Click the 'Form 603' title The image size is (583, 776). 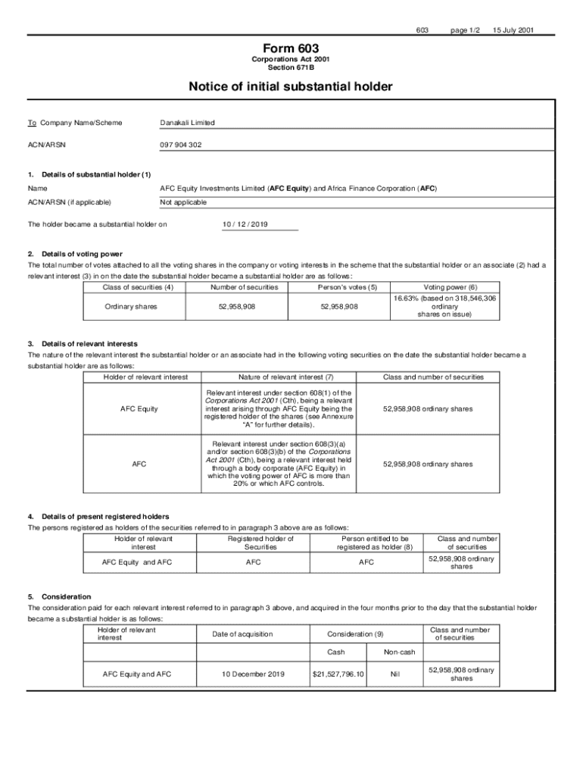point(291,48)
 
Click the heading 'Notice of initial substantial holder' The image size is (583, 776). point(291,87)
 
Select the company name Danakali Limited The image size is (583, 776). point(187,123)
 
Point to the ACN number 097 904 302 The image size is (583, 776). point(181,144)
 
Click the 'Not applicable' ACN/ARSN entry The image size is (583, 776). point(183,202)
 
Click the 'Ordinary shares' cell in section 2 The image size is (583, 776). point(131,306)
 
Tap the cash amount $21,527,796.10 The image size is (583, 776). point(338,673)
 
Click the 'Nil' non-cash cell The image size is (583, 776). point(394,673)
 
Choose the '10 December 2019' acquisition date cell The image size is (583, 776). point(253,673)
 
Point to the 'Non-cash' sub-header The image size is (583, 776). point(399,651)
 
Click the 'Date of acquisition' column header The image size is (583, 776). point(242,634)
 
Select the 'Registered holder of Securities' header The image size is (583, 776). point(260,542)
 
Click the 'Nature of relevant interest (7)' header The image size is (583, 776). point(285,377)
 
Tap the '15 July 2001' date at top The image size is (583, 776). point(513,30)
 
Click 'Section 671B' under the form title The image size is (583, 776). point(291,67)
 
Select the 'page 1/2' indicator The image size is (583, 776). point(465,30)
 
